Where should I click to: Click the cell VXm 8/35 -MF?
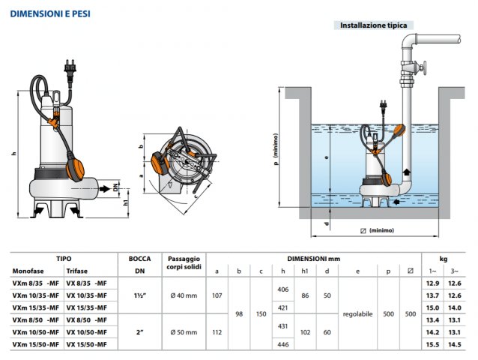[35, 283]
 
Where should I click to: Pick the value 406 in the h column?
[282, 289]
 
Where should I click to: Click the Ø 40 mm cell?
[184, 295]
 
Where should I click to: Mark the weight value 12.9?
[433, 283]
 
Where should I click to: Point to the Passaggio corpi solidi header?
[184, 262]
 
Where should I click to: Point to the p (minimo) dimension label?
[276, 154]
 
